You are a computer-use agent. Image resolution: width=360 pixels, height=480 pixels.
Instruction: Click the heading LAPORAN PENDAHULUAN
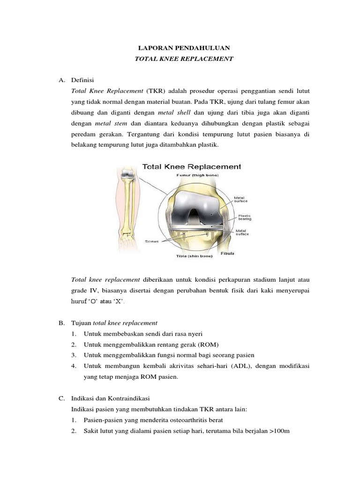coord(180,48)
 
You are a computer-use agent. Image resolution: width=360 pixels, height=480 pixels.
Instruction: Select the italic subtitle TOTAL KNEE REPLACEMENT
coord(180,59)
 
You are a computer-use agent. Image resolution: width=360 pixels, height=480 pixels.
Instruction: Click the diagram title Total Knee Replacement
coord(191,166)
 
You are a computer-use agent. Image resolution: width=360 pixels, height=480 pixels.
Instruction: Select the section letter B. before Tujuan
coord(61,323)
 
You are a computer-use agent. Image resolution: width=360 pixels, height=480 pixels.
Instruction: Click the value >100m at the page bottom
coord(279,430)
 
